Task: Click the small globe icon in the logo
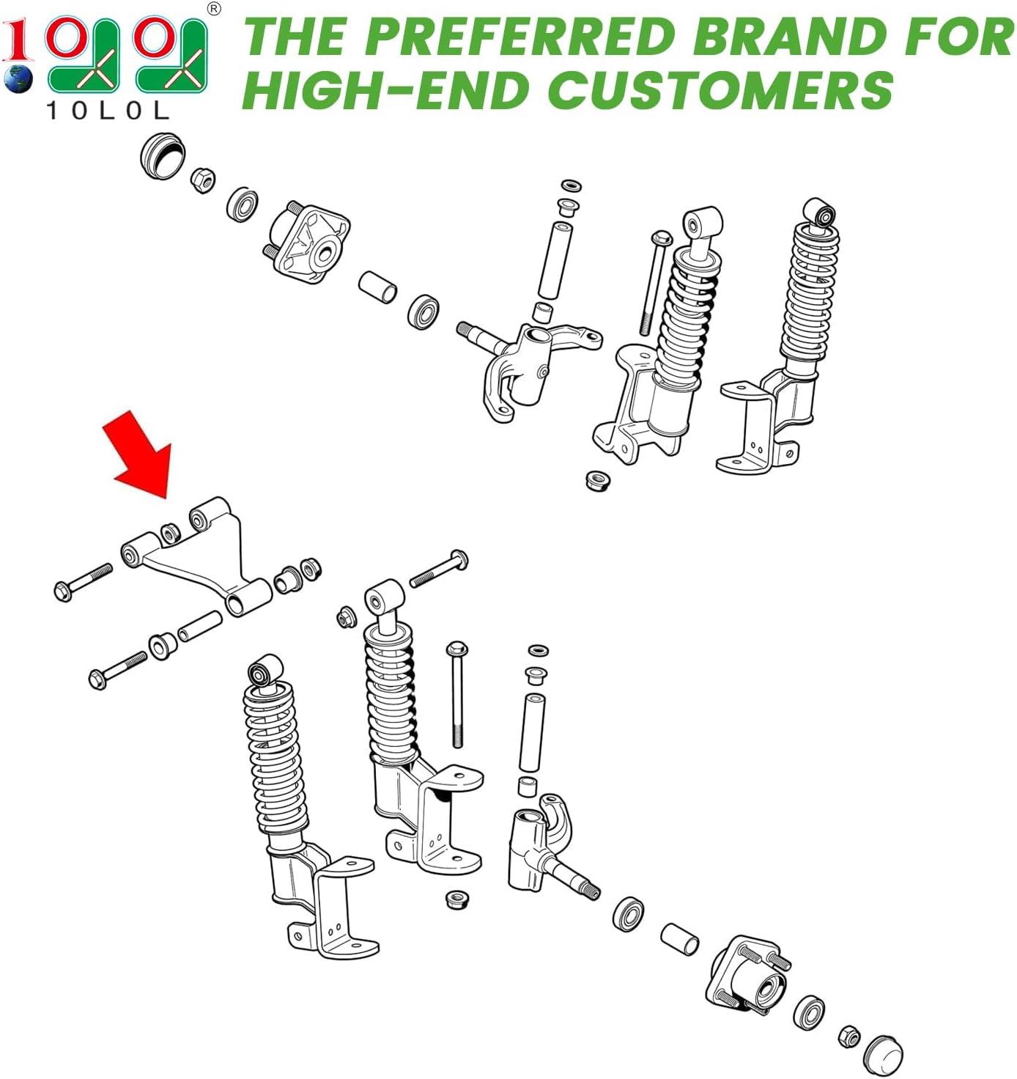tap(18, 78)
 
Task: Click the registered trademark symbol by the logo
tap(215, 10)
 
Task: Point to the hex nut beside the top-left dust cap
tap(203, 180)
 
